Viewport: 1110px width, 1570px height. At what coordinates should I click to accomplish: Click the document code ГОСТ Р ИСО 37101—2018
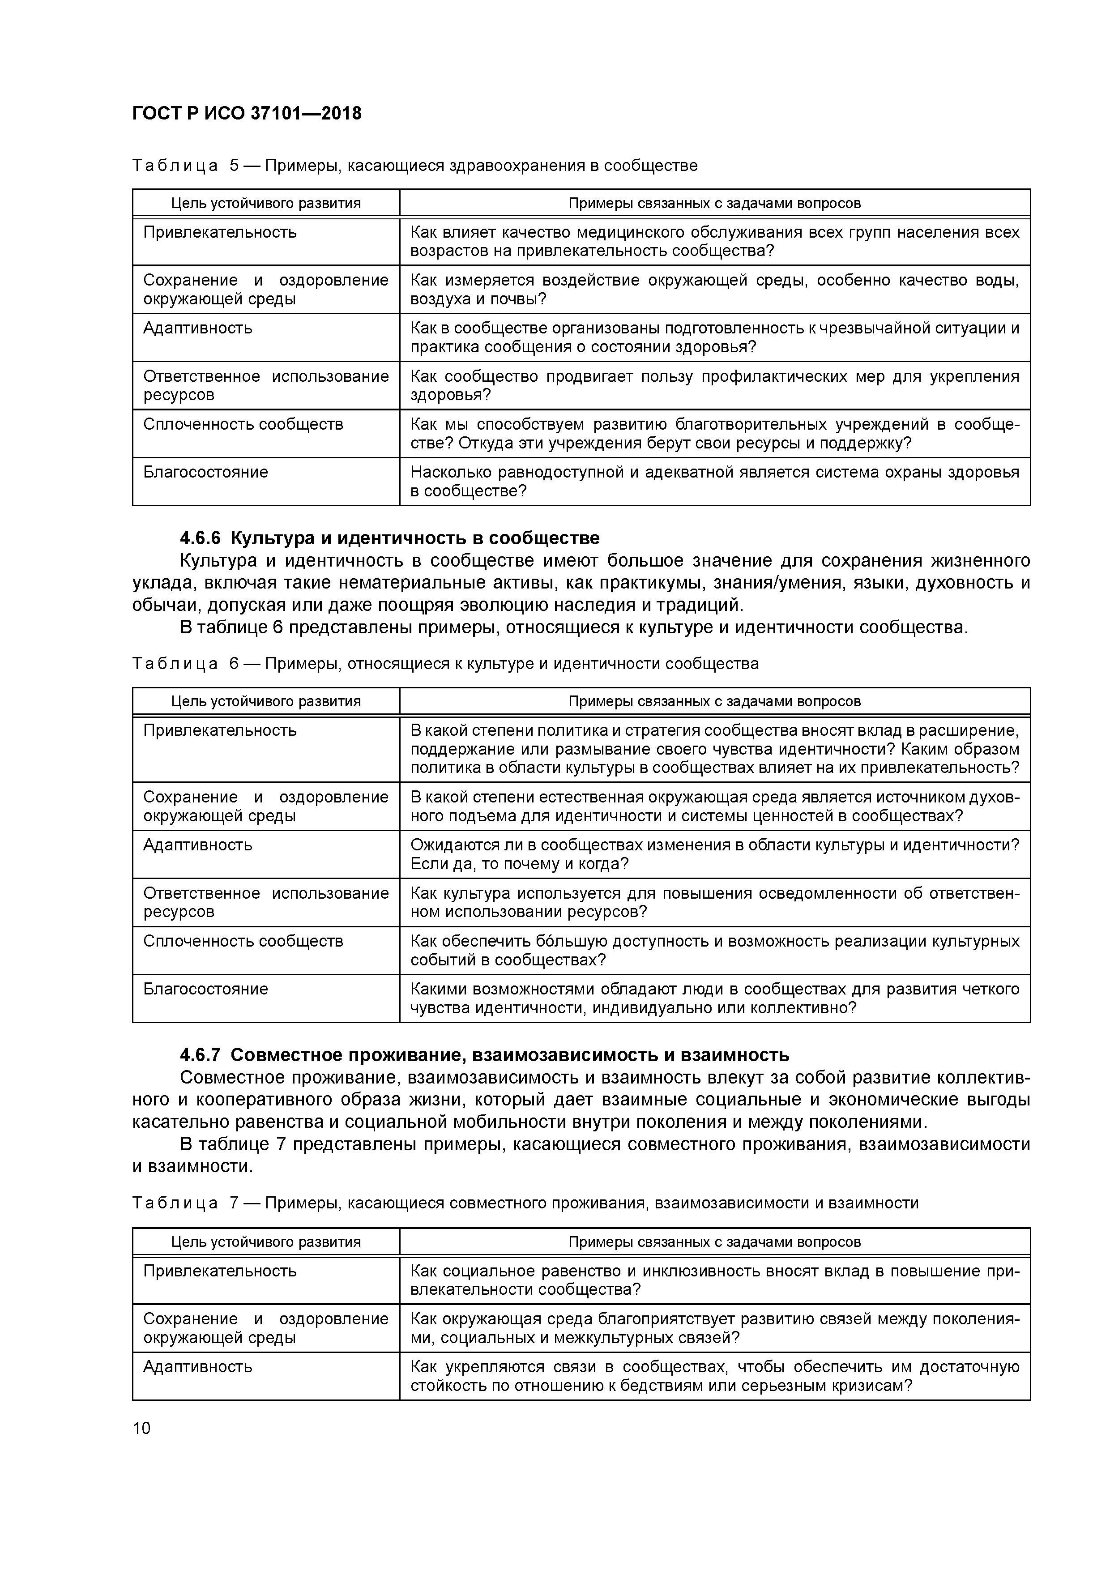click(x=246, y=113)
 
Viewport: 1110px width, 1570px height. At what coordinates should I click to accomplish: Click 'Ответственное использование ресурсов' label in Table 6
click(x=265, y=903)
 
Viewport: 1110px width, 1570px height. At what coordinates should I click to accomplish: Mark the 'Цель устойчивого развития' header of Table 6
click(x=265, y=702)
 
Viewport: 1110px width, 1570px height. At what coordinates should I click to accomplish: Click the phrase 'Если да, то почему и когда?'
click(x=519, y=864)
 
